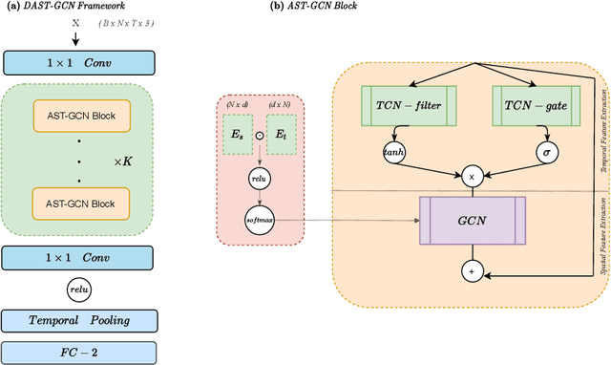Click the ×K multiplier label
pos(122,163)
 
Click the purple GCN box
pos(471,220)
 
